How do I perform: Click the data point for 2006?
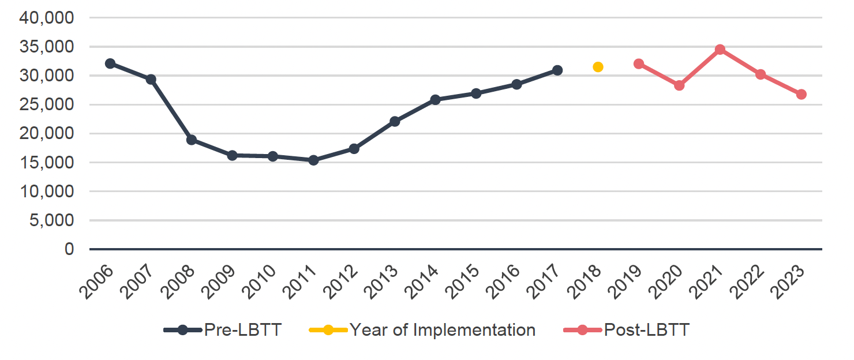110,63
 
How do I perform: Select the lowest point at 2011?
313,160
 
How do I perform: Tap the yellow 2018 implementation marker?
598,67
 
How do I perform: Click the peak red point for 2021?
720,50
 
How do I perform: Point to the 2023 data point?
801,94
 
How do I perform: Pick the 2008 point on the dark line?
192,140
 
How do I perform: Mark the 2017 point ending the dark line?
557,70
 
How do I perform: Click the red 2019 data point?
638,63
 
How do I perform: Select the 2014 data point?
435,100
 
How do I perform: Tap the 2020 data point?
679,85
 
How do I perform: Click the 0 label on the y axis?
69,249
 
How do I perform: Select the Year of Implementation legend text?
442,331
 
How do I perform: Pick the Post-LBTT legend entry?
646,331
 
